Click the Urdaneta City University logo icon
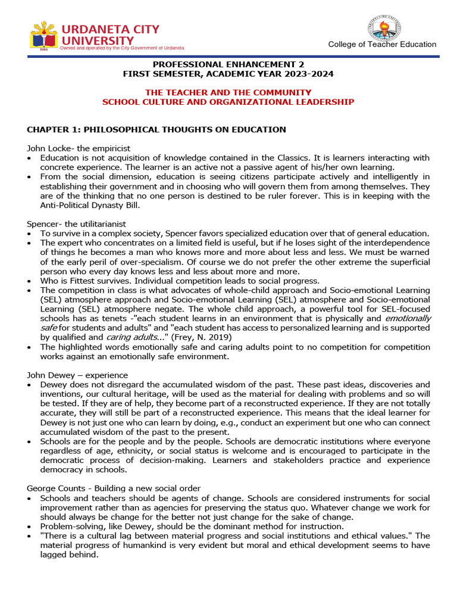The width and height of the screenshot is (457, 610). click(43, 36)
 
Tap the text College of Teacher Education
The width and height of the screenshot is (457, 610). click(382, 45)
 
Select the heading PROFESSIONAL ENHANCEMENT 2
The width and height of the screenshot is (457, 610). click(228, 64)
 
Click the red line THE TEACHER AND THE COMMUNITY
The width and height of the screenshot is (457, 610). click(228, 92)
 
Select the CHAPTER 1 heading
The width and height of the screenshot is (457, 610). click(156, 129)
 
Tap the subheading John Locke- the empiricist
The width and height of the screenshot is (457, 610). click(79, 148)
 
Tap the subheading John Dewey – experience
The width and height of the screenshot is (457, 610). click(77, 375)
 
